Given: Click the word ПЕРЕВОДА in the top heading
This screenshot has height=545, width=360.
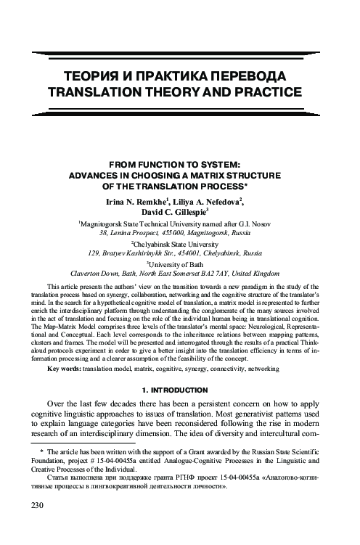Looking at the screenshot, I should click(244, 76).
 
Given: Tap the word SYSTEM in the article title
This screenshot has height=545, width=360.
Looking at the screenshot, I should click(225, 164).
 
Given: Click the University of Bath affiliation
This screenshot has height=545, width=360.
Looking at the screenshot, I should click(180, 269).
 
